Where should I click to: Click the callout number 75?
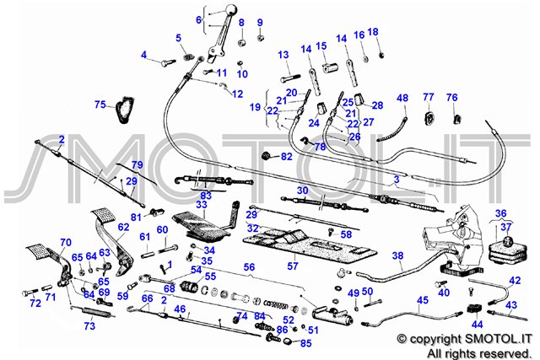pos(100,105)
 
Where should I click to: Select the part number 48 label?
pos(402,98)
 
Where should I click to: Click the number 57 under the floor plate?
pos(292,266)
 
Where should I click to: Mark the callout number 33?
pos(201,204)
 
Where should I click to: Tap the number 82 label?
pos(287,157)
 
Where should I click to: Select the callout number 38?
pos(397,255)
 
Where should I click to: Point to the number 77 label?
pos(429,97)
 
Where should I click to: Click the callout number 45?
pos(423,299)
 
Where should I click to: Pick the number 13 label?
pos(283,54)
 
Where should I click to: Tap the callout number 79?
pos(137,164)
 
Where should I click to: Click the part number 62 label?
pos(123,227)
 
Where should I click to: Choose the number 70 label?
pos(65,243)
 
